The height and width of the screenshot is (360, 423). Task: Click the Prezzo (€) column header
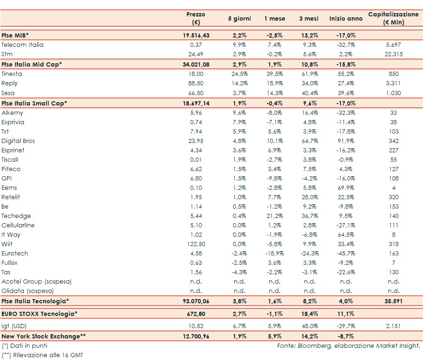pyautogui.click(x=196, y=18)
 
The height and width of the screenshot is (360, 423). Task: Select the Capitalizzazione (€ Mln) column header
pyautogui.click(x=393, y=18)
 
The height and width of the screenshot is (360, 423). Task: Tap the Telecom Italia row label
pyautogui.click(x=22, y=45)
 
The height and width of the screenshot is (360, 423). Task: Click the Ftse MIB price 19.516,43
pyautogui.click(x=196, y=35)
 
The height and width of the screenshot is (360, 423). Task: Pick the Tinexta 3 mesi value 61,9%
pyautogui.click(x=309, y=74)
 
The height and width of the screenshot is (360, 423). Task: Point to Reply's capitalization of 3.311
pyautogui.click(x=393, y=83)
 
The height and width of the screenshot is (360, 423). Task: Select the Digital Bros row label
pyautogui.click(x=18, y=141)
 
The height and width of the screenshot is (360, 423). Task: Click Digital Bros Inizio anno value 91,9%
pyautogui.click(x=346, y=141)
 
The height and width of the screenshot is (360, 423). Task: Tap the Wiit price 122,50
pyautogui.click(x=196, y=244)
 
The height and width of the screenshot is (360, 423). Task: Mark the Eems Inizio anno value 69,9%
pyautogui.click(x=346, y=187)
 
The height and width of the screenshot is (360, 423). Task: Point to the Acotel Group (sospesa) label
pyautogui.click(x=37, y=281)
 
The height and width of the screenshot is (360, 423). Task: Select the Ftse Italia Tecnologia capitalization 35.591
pyautogui.click(x=393, y=300)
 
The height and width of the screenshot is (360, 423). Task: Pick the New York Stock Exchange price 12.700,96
pyautogui.click(x=196, y=336)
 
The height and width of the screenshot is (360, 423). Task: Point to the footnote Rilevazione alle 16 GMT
pyautogui.click(x=46, y=355)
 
